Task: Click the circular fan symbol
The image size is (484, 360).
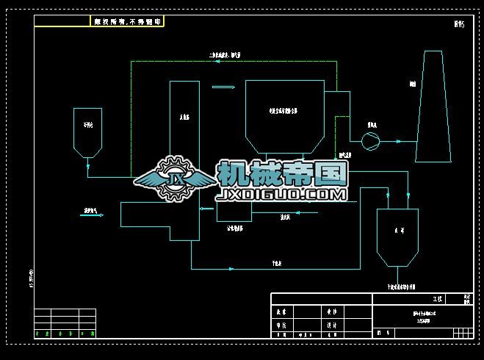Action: [x=372, y=137]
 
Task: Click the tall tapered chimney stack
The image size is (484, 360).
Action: [x=433, y=107]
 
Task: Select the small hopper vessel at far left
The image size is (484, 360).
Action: [x=87, y=132]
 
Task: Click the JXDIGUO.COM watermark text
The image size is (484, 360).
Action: [x=281, y=195]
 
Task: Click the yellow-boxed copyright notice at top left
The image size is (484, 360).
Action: [x=127, y=22]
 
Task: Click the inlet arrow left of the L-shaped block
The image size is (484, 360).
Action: [x=93, y=215]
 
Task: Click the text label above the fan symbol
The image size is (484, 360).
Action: [x=372, y=125]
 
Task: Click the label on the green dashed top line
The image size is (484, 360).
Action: [x=225, y=55]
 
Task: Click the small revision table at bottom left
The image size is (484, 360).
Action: [x=65, y=323]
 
